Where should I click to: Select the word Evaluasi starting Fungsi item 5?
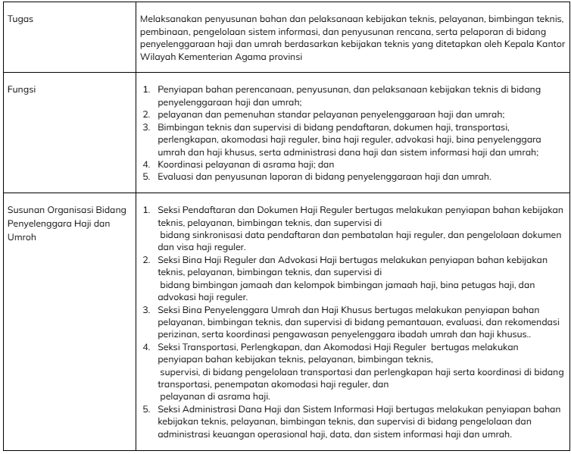pos(176,177)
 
